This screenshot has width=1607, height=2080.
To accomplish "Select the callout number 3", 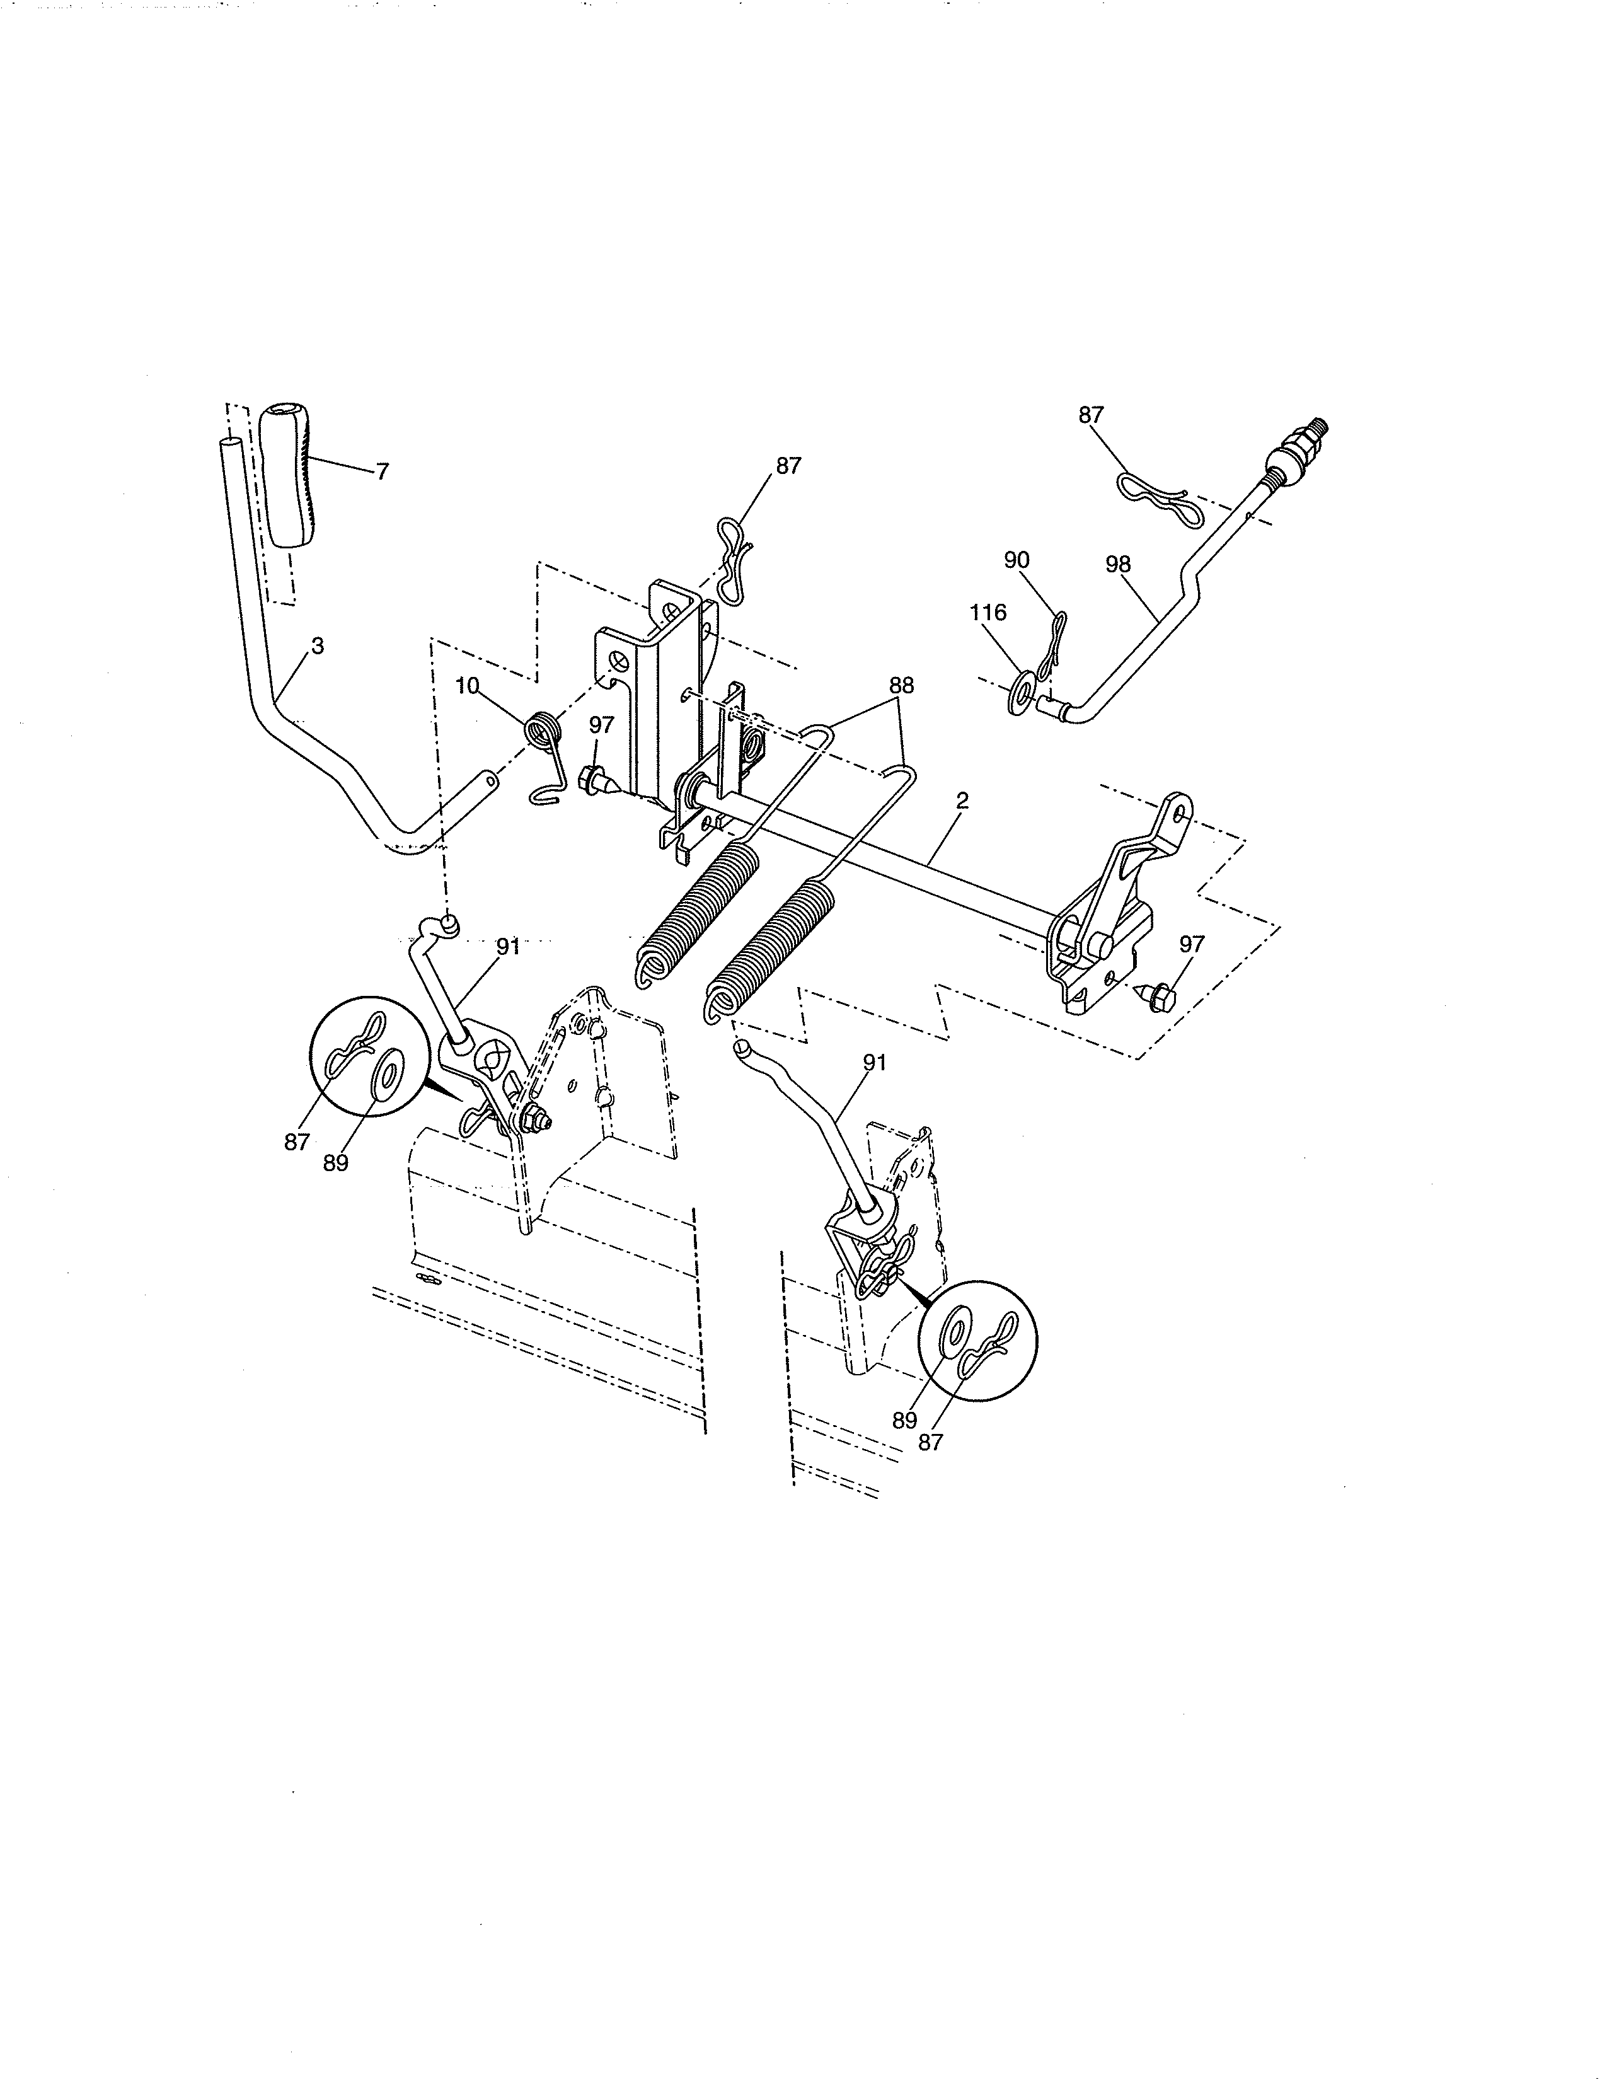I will click(x=317, y=645).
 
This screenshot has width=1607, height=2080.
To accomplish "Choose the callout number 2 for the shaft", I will click(x=962, y=801).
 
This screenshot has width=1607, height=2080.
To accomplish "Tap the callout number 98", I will click(x=1118, y=564).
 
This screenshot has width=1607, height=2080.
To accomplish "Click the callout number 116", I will click(x=988, y=613).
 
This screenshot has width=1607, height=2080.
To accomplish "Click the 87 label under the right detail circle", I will click(x=930, y=1442).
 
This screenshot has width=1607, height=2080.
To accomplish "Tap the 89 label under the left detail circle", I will click(x=335, y=1163).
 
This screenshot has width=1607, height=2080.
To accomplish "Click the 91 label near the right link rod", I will click(x=874, y=1062).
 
